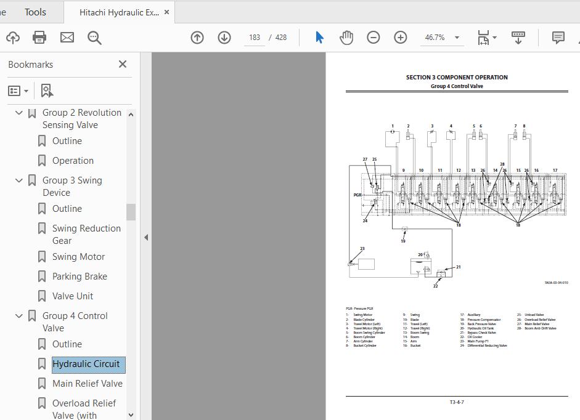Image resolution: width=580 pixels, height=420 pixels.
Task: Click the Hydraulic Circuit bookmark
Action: point(86,364)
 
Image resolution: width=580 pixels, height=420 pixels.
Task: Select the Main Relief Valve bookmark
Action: point(87,384)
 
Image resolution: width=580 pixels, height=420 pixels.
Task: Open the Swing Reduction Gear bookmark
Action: point(86,235)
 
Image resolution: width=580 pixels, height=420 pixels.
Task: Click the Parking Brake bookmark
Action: point(80,277)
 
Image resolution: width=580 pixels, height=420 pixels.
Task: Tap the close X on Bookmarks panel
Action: point(123,64)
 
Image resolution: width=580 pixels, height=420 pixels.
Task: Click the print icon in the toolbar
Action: point(39,38)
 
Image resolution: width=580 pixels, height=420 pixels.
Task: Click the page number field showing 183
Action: point(255,38)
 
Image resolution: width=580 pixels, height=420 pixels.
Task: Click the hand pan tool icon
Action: point(346,38)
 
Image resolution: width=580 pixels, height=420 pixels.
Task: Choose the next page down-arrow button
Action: point(224,38)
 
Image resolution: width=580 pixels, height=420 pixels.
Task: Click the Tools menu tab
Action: point(35,12)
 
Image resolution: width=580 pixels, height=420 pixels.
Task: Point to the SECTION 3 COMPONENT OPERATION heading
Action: point(457,78)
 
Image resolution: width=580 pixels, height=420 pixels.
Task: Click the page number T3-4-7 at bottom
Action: point(457,402)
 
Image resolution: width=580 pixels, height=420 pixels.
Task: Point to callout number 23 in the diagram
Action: point(362,249)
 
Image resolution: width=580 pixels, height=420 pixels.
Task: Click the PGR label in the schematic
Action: point(357,195)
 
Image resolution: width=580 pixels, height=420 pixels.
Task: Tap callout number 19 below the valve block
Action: point(403,241)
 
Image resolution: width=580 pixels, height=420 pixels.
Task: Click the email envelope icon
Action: point(67,38)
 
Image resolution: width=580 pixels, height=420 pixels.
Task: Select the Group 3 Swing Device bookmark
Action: point(72,187)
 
